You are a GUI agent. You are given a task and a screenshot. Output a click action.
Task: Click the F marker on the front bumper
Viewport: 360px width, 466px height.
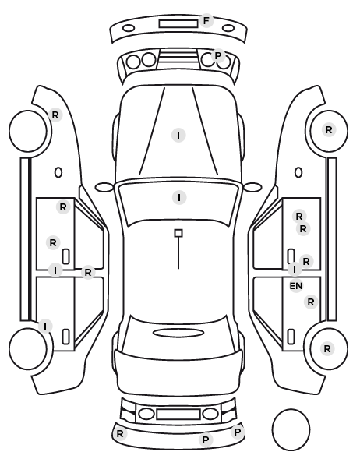click(206, 21)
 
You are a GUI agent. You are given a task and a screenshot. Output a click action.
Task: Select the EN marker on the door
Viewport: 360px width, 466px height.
click(296, 286)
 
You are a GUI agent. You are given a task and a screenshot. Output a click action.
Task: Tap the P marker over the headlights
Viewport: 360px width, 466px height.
click(218, 55)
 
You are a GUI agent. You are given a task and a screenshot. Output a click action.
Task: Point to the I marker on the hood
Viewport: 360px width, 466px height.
click(178, 136)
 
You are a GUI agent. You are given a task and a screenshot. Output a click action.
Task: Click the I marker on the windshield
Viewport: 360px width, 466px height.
click(179, 198)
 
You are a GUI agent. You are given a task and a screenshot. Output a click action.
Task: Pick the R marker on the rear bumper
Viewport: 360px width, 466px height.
click(120, 433)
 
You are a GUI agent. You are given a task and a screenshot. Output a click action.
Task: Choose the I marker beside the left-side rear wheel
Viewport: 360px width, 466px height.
click(45, 326)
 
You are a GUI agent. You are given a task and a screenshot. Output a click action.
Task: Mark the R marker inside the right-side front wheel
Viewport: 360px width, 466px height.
click(329, 130)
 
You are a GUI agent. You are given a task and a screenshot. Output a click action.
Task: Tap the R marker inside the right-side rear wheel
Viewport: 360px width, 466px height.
click(327, 348)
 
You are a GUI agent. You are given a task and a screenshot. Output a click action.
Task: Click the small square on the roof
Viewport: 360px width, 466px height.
click(178, 233)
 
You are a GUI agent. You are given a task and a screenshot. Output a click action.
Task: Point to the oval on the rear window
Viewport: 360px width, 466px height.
click(178, 333)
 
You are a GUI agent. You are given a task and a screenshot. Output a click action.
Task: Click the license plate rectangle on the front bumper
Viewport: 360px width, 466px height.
click(178, 24)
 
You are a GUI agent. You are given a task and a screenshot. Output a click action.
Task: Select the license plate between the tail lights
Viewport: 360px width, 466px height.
click(178, 415)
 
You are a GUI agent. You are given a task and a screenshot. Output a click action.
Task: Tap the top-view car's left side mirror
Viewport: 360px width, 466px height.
click(104, 187)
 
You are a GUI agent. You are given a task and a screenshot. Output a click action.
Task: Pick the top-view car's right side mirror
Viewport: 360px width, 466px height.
click(252, 187)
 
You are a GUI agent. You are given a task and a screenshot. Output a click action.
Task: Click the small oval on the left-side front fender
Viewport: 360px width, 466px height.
click(58, 172)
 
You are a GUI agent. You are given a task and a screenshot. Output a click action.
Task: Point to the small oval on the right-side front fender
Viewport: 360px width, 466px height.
click(298, 172)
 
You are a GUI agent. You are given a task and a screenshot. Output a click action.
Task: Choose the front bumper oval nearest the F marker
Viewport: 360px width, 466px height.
click(228, 29)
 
